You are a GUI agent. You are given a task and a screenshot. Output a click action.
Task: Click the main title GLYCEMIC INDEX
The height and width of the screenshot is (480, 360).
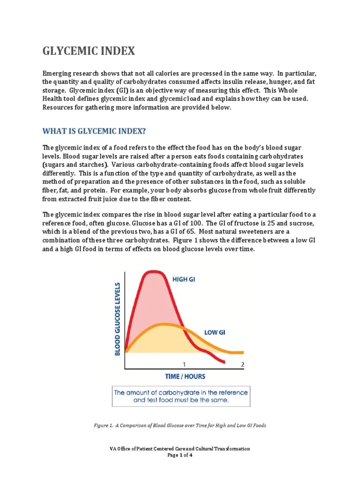89,51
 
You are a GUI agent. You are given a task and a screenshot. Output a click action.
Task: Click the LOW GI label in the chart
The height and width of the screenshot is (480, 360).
215,332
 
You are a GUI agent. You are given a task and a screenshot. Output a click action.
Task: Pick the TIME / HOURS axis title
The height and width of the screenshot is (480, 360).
185,376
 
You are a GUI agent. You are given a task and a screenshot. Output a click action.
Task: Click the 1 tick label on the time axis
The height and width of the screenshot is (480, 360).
184,364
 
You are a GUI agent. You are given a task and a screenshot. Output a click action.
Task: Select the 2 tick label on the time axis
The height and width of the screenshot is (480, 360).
242,364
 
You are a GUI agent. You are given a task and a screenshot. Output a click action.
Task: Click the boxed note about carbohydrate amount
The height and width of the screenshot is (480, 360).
181,396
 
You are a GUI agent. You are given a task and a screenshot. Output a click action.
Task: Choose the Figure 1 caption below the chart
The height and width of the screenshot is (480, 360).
180,425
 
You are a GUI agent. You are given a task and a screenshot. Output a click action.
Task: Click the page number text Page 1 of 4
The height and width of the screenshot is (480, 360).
180,455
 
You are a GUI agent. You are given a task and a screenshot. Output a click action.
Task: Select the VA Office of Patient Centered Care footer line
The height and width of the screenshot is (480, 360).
180,449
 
